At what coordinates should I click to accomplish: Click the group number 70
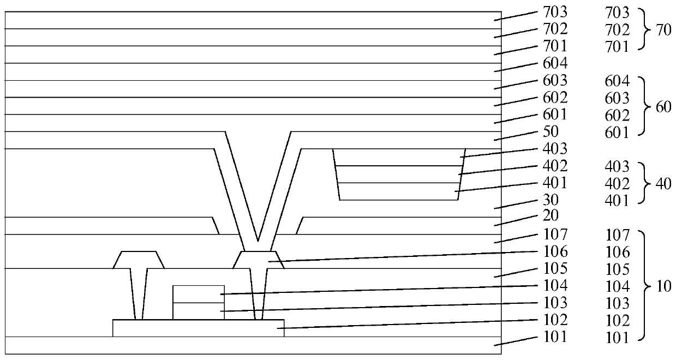[663, 30]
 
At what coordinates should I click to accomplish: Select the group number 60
[663, 107]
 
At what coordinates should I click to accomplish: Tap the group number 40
[663, 183]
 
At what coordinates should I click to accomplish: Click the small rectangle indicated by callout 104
[198, 294]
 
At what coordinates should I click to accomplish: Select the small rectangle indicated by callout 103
[198, 311]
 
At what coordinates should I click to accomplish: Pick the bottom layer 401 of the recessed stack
[398, 191]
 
